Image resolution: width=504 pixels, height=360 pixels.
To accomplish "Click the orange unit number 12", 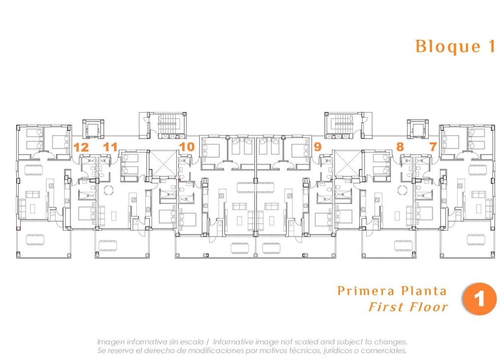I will (81, 147).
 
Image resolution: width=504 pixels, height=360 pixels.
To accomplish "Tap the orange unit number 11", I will (110, 147).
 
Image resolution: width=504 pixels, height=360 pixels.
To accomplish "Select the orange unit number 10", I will (187, 147).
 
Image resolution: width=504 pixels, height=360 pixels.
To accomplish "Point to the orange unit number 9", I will (317, 147).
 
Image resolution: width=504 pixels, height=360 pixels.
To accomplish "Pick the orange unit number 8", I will (400, 147).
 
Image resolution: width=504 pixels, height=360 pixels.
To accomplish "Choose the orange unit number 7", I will (433, 147).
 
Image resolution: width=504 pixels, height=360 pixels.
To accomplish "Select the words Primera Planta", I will (392, 291).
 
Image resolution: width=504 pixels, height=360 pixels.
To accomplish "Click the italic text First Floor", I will (408, 307).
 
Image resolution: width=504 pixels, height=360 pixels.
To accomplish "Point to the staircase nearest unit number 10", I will (168, 123).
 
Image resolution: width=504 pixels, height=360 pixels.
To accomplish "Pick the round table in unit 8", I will (403, 189).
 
